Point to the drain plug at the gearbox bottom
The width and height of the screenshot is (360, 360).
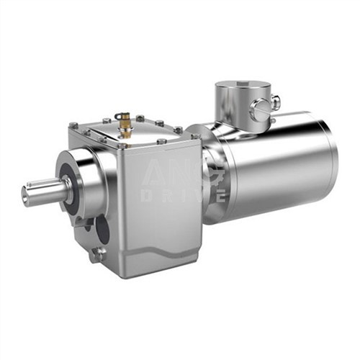coord(97,253)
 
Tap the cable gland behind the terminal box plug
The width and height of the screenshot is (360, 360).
coord(274,103)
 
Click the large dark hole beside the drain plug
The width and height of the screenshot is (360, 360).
coord(102,231)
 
